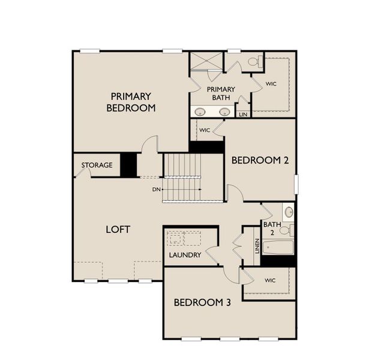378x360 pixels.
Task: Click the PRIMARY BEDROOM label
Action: point(131,102)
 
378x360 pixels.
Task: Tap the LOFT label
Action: point(118,229)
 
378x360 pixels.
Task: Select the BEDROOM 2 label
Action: point(260,160)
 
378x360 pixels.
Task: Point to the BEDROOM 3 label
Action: point(202,302)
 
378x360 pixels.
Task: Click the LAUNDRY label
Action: point(185,255)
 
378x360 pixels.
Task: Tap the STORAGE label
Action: point(97,165)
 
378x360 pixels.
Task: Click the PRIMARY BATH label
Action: point(221,94)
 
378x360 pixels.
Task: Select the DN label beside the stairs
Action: point(157,190)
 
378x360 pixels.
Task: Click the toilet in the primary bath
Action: point(256,61)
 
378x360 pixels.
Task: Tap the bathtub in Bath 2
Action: point(278,247)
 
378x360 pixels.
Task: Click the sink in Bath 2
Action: point(289,212)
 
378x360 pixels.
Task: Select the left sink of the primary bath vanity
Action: point(200,112)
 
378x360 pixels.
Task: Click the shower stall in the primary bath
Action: point(206,61)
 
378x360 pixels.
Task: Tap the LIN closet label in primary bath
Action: point(243,115)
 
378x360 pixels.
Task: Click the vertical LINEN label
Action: point(257,246)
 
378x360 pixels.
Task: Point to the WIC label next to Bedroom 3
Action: point(270,280)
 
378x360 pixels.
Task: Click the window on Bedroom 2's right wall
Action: point(296,184)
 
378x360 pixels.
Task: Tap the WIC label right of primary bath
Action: point(271,84)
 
